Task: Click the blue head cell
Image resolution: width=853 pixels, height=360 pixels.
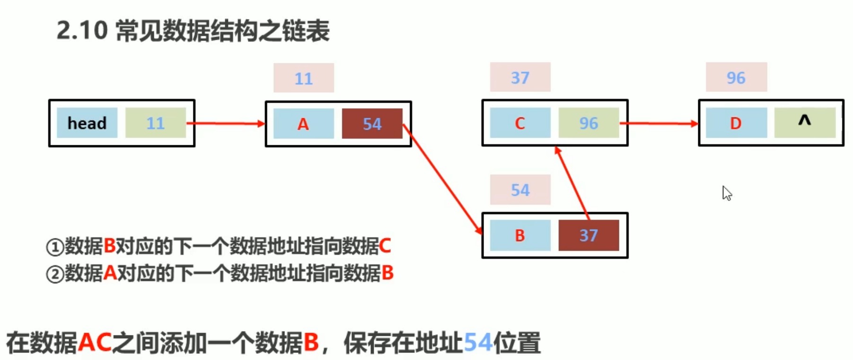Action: click(87, 123)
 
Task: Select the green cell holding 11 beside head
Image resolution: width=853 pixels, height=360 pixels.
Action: click(155, 123)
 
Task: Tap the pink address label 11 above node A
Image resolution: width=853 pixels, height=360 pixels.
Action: click(303, 78)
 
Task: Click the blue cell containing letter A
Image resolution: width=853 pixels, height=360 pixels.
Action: click(303, 124)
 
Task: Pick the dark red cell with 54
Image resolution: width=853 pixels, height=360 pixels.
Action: click(372, 124)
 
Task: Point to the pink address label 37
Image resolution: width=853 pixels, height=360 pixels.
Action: click(520, 77)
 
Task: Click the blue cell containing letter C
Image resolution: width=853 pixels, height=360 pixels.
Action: click(520, 123)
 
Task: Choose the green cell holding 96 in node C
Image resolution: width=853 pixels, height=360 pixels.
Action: click(589, 123)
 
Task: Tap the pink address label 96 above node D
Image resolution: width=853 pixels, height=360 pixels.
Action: click(736, 77)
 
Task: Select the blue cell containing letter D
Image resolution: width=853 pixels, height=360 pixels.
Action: click(736, 123)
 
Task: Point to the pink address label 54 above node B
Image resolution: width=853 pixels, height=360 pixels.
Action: click(520, 190)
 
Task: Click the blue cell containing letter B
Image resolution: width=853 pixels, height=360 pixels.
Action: click(520, 235)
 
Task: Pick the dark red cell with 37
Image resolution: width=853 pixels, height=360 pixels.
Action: click(589, 235)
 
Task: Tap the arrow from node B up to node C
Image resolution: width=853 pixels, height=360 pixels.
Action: click(573, 183)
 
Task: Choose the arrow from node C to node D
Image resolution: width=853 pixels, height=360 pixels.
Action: click(659, 123)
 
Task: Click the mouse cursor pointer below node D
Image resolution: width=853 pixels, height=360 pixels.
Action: click(726, 193)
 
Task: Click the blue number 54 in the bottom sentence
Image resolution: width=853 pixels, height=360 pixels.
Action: click(478, 342)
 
